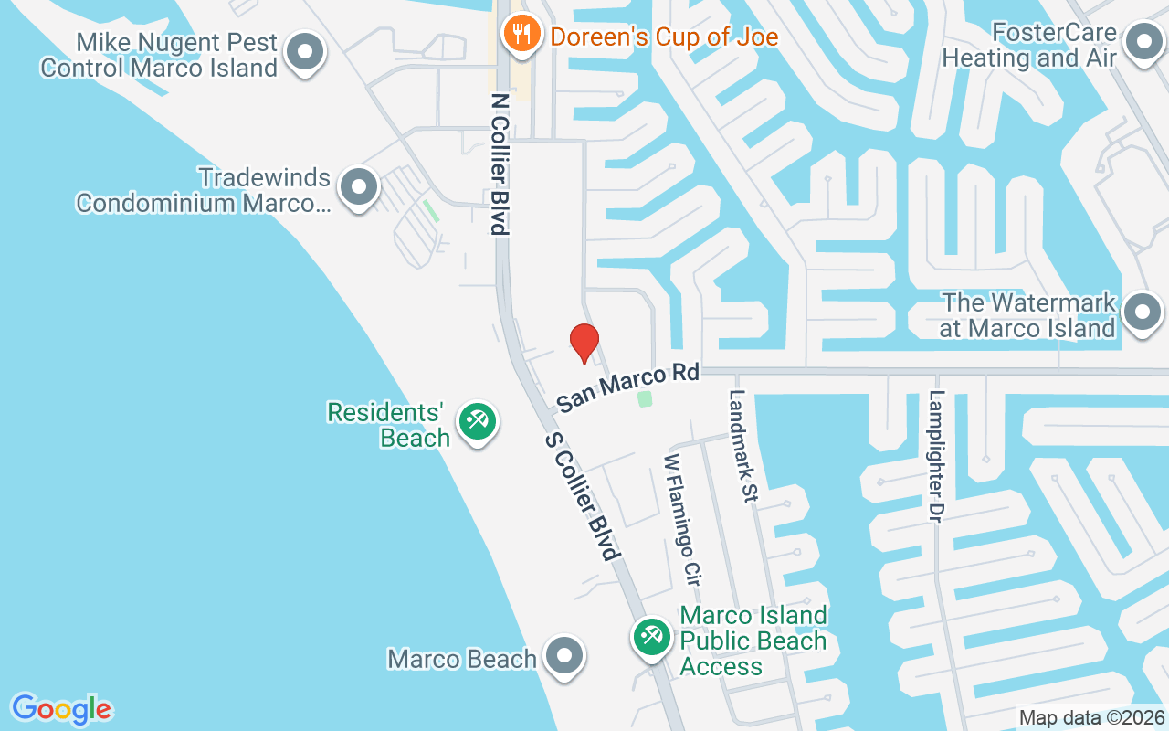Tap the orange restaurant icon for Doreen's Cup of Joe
pyautogui.click(x=521, y=36)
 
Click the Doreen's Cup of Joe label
pyautogui.click(x=664, y=37)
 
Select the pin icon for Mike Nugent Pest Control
pyautogui.click(x=305, y=53)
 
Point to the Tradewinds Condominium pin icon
pyautogui.click(x=359, y=187)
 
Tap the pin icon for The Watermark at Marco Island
pyautogui.click(x=1141, y=313)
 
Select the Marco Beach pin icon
pyautogui.click(x=563, y=657)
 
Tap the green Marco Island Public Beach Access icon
pyautogui.click(x=651, y=636)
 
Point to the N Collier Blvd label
pyautogui.click(x=500, y=164)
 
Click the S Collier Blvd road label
pyautogui.click(x=583, y=496)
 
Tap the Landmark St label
pyautogui.click(x=743, y=446)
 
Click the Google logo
pyautogui.click(x=62, y=709)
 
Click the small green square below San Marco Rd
pyautogui.click(x=645, y=399)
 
